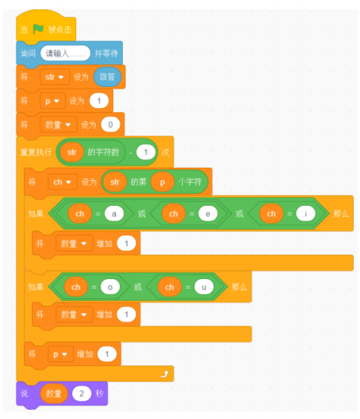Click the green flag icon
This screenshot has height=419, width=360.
tap(38, 29)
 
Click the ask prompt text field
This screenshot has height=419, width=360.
tap(65, 53)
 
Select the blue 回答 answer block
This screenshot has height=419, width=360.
tap(107, 77)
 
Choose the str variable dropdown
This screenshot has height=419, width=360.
tap(54, 77)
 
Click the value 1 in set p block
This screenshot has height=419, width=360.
tap(99, 101)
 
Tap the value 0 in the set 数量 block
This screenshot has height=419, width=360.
tap(110, 124)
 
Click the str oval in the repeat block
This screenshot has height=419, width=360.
tap(72, 152)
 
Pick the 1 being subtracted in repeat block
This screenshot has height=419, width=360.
tap(145, 152)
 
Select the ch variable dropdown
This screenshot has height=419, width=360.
tap(62, 182)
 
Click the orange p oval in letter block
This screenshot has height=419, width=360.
tap(163, 182)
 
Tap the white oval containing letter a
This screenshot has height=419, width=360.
tap(114, 214)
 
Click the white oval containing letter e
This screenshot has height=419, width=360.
tap(208, 214)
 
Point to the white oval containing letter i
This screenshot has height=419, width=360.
tap(306, 214)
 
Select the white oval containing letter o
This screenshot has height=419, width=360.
tap(110, 287)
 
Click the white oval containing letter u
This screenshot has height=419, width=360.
tap(204, 287)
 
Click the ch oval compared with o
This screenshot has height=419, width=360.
tap(75, 287)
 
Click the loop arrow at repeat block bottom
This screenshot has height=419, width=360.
tap(164, 374)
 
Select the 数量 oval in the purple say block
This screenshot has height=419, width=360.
tap(54, 393)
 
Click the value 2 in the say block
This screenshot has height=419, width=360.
tap(82, 393)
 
